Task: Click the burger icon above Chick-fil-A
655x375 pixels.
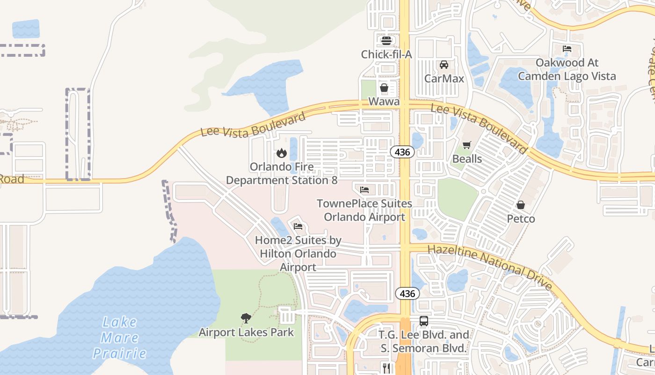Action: (x=386, y=41)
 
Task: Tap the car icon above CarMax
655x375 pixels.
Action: (x=444, y=65)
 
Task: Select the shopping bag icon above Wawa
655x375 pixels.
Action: (x=384, y=88)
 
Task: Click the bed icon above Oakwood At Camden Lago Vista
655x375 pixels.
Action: (x=567, y=49)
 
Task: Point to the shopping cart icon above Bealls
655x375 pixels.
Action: (x=466, y=145)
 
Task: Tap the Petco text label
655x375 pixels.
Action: (x=521, y=219)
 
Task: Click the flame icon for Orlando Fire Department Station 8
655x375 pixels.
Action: (x=281, y=153)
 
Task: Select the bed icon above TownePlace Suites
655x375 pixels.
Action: (x=364, y=190)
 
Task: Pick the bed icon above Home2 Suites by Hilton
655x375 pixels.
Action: (x=298, y=226)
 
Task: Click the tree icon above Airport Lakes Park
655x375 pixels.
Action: (x=246, y=319)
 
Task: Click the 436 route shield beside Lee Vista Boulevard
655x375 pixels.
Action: (x=402, y=151)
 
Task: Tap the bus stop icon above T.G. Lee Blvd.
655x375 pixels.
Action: (x=423, y=321)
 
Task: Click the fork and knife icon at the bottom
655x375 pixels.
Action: (x=386, y=368)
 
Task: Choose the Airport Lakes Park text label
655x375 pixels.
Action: (x=246, y=332)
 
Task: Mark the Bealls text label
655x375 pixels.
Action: (x=466, y=159)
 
